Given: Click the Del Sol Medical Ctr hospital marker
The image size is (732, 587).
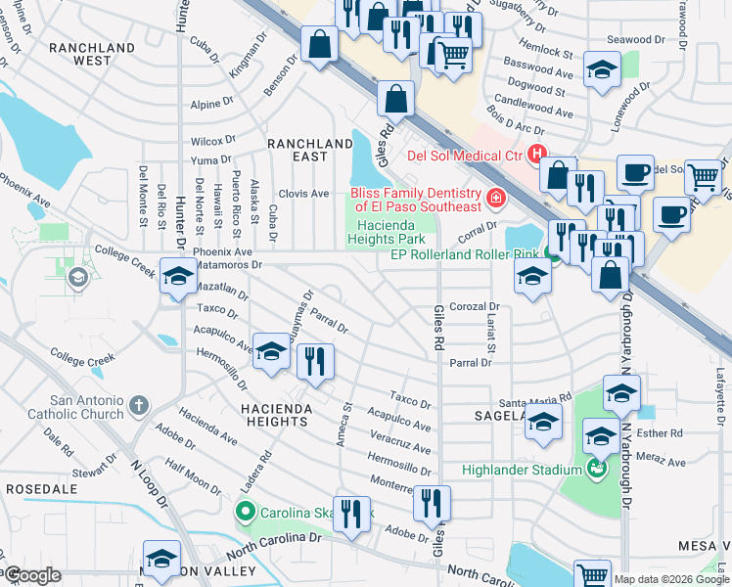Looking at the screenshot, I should click(x=535, y=154).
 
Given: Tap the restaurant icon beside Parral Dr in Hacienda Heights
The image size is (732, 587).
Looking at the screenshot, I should click(x=316, y=361).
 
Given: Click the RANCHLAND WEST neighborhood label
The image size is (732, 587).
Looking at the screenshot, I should click(x=92, y=54).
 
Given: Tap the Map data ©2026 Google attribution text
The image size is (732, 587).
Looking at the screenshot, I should click(x=671, y=578).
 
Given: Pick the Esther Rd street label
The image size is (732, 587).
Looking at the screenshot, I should click(x=663, y=432).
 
